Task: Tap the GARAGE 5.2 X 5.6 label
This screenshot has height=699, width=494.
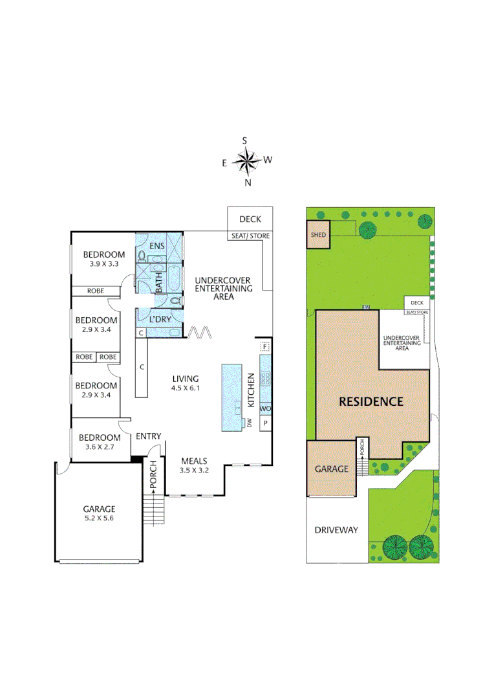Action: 98,513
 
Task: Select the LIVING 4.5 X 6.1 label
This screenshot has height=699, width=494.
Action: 185,383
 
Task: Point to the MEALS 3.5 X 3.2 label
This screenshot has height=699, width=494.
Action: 195,465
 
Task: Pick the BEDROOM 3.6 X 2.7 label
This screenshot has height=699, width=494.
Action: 100,442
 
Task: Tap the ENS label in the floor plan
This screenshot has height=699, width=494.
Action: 157,246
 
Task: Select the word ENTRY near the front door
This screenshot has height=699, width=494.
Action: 148,436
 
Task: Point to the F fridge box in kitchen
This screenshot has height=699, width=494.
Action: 264,347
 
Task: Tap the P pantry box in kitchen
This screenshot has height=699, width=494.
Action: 264,424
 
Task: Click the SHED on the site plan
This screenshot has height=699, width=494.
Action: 318,236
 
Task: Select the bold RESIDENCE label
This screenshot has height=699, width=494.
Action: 371,401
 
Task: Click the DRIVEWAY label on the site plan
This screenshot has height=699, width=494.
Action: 336,529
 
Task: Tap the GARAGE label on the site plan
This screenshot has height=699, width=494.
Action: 331,469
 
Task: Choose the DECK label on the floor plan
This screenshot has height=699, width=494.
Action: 250,219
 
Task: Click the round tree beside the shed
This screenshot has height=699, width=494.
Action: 369,230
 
